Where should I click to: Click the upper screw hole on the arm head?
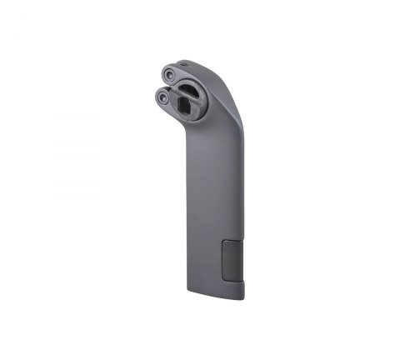170,74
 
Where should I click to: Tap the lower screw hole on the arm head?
161,97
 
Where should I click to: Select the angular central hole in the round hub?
183,104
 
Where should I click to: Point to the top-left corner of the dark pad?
223,242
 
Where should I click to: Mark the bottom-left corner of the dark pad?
223,280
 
